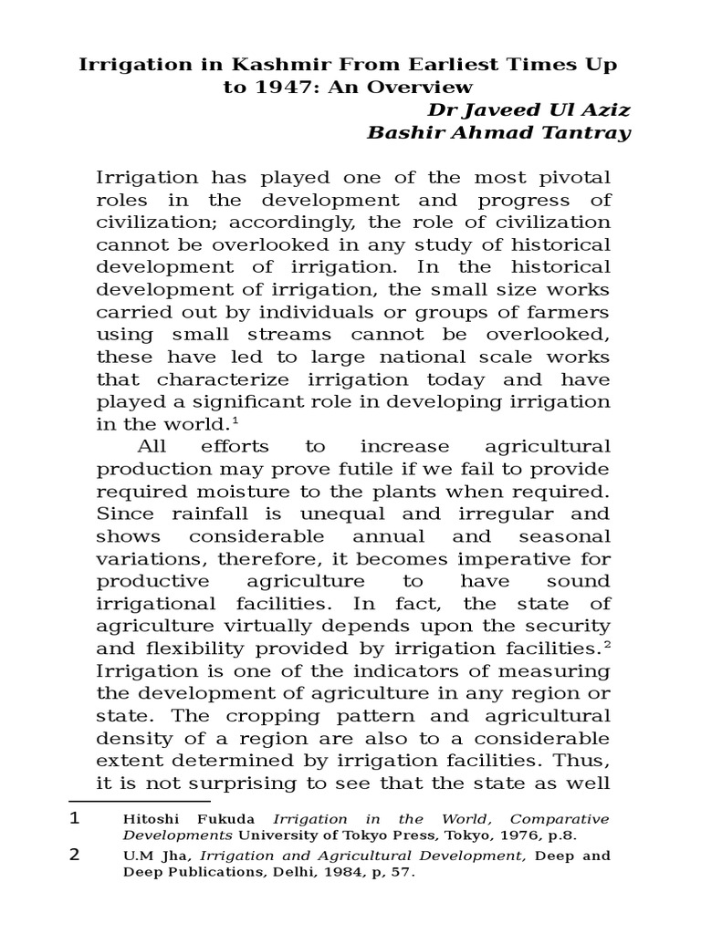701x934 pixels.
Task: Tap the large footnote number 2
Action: click(x=75, y=856)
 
